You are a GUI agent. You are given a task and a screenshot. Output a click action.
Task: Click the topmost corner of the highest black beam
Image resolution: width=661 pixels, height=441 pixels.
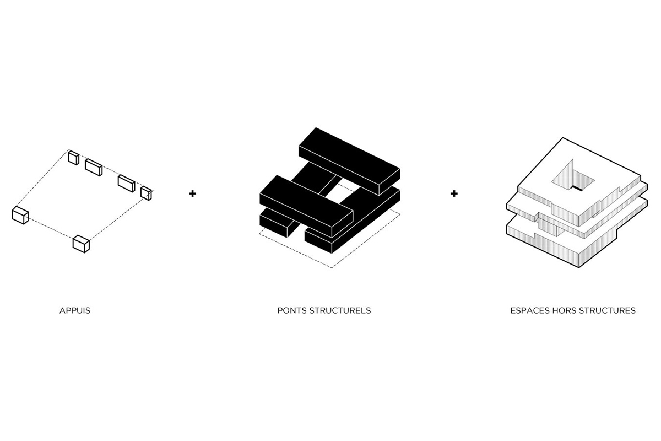[x=316, y=127]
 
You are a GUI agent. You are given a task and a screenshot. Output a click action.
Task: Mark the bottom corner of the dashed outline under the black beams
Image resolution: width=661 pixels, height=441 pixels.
[x=332, y=267]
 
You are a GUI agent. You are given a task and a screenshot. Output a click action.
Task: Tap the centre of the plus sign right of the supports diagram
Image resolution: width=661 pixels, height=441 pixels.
[x=192, y=193]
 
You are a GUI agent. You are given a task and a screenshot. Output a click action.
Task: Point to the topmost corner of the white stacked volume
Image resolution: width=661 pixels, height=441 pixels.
[x=563, y=138]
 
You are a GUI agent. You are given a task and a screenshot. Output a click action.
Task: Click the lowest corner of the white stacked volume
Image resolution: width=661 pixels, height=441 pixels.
[x=579, y=267]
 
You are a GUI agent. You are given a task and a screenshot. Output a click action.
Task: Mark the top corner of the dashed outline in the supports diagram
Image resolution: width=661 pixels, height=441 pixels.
[x=68, y=149]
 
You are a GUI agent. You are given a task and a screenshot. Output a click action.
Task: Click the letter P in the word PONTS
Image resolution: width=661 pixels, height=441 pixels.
[x=280, y=311]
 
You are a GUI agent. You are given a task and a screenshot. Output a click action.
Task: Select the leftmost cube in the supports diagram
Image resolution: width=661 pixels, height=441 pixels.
[x=20, y=216]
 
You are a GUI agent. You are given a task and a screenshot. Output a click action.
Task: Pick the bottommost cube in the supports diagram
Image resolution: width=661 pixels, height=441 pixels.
[x=81, y=244]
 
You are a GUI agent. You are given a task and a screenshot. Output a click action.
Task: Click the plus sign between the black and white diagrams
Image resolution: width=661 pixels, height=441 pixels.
[x=454, y=193]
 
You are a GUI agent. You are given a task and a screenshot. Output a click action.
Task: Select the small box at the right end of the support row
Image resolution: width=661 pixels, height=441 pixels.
[x=146, y=193]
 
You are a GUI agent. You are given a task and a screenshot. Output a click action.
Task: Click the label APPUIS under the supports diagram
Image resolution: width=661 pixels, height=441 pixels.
[x=75, y=311]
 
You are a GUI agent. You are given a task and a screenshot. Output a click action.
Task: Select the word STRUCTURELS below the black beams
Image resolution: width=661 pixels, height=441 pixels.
[x=340, y=311]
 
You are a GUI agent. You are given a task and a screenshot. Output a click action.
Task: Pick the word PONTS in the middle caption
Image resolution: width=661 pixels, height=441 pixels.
[x=291, y=311]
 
